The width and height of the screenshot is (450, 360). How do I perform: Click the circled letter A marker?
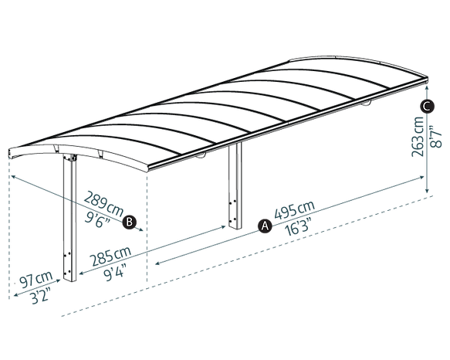coord(265,226)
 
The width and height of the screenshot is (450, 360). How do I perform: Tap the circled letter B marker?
coord(129,222)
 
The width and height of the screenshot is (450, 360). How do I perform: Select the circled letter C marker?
coord(428,107)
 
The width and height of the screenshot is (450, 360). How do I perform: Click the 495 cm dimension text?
coord(295,210)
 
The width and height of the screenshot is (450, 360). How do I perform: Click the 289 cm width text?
coord(104,203)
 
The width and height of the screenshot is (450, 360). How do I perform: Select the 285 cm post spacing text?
coord(110,256)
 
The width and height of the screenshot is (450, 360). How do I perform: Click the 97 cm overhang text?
coord(36,279)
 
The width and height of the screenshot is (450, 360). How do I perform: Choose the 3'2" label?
coord(40,295)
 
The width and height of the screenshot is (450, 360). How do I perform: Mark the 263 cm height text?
coord(418,136)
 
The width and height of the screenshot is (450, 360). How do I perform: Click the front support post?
coord(69,218)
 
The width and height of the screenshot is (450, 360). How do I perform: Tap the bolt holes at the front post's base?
coord(67,263)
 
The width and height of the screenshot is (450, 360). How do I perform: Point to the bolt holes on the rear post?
coord(232,211)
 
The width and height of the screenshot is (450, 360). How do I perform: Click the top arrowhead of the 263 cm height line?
coord(427,87)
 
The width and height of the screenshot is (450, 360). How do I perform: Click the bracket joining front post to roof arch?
coord(70,158)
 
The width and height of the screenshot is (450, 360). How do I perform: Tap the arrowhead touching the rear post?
coord(223,227)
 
